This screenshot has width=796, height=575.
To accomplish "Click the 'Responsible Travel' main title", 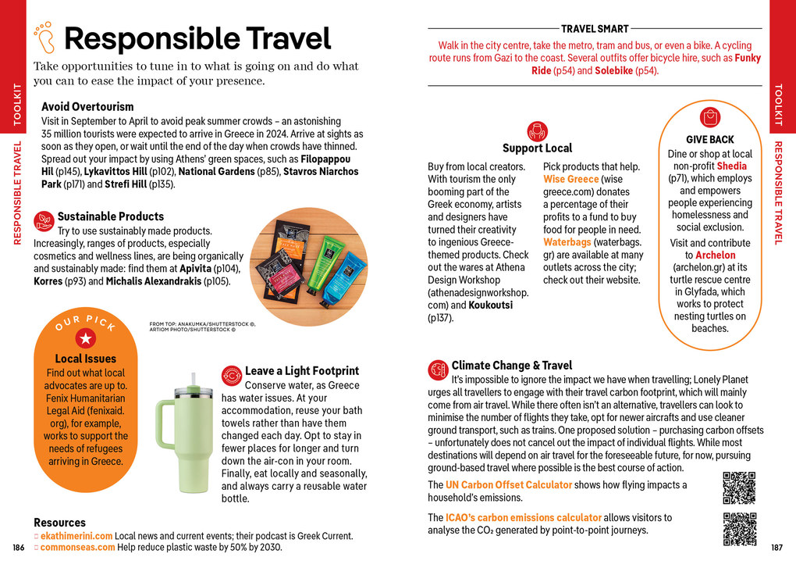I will [197, 38].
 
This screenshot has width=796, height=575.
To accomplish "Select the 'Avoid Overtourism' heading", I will [87, 106].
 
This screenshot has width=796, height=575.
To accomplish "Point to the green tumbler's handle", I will [165, 425].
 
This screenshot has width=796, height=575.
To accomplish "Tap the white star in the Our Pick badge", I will [86, 337].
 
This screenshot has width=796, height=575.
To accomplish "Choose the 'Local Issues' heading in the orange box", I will [86, 359].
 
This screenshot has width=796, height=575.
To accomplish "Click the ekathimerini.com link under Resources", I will [76, 536].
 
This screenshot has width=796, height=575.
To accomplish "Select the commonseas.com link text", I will [76, 547].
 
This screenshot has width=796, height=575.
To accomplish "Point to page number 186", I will [19, 547].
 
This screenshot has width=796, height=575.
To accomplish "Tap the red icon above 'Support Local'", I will [537, 130].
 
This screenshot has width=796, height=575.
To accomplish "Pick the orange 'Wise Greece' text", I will [571, 180].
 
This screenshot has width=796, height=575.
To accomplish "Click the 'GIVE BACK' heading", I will [710, 140].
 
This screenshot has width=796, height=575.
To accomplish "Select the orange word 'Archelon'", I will [715, 255].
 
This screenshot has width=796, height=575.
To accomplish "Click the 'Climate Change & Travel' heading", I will [511, 365].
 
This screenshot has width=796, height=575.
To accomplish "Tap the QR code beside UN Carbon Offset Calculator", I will [739, 488].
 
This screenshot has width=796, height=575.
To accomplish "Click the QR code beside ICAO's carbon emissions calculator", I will [739, 528].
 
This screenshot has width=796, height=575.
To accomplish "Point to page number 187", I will [777, 547].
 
